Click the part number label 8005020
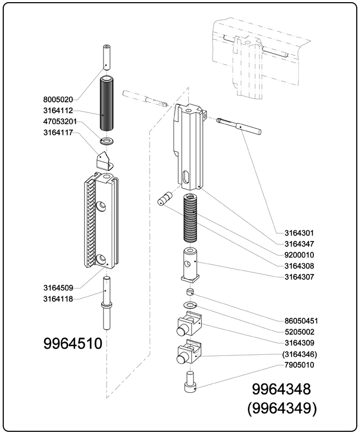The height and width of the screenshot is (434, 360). pos(57,99)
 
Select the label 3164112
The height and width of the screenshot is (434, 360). pos(57,111)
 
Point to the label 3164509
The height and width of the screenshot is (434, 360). pos(57,288)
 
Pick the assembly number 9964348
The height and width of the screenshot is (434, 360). pos(281,389)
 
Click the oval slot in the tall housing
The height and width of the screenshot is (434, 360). pos(185,177)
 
